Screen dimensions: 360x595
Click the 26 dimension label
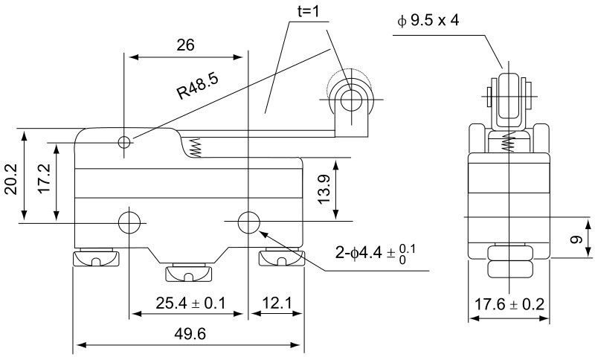click(x=186, y=45)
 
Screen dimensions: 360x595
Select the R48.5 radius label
click(x=197, y=86)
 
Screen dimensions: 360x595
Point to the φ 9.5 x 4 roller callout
click(x=428, y=19)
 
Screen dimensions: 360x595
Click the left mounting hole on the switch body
click(x=129, y=222)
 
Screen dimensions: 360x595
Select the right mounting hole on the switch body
click(x=248, y=222)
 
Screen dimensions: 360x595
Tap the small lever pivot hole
click(x=124, y=141)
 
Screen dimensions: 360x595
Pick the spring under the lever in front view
click(x=196, y=147)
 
